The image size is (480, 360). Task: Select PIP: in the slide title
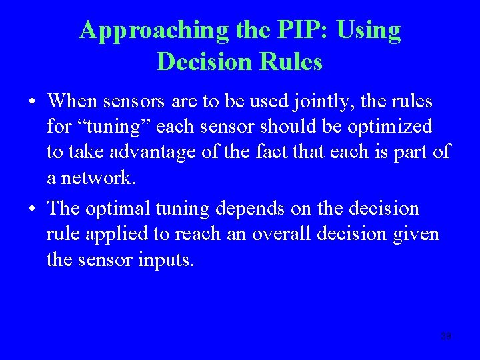295,31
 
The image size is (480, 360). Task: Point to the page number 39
446,336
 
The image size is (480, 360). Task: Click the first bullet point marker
32,103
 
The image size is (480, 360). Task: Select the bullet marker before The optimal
32,209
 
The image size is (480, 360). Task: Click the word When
72,101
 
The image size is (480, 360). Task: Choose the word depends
251,209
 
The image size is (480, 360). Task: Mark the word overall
303,234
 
